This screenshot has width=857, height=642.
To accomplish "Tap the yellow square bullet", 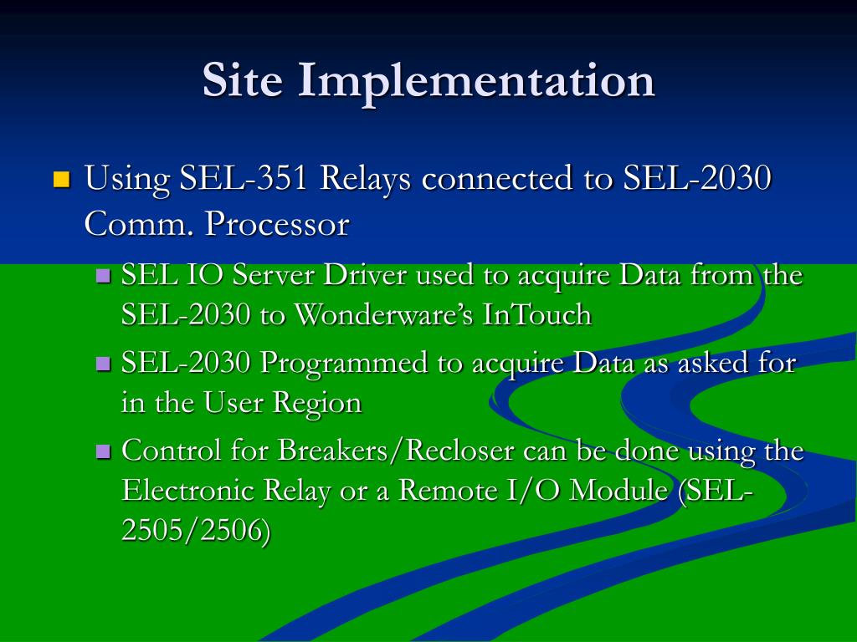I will coord(61,179).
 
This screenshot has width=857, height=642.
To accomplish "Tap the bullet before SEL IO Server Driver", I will coord(104,275).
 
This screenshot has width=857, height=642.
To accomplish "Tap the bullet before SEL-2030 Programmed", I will coord(104,363).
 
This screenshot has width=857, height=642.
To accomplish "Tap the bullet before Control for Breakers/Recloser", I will coord(104,451).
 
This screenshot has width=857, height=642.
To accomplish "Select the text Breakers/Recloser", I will coord(396,451).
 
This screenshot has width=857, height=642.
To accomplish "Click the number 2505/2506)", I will coord(196,531).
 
